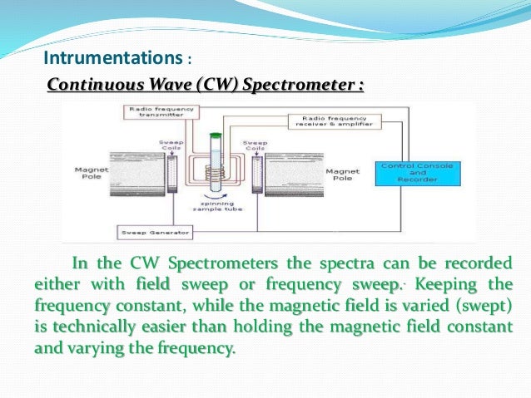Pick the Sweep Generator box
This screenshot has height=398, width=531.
coord(146,232)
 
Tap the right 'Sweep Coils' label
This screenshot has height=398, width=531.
coord(255,145)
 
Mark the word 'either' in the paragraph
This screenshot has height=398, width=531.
coord(57,285)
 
